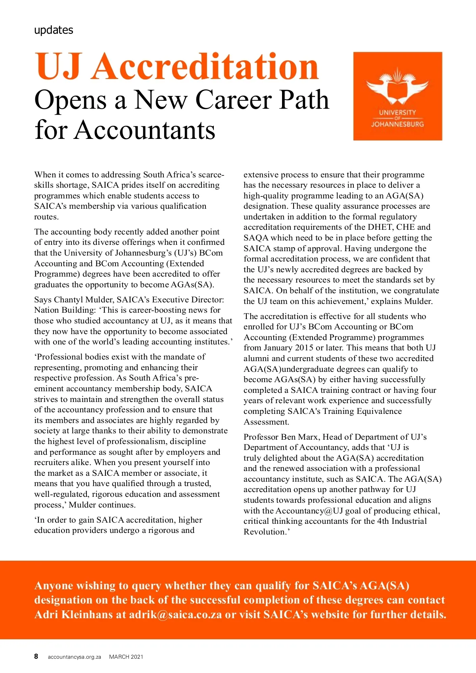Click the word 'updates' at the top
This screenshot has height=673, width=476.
[x=54, y=30]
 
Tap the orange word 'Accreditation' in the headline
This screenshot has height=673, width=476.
[x=205, y=66]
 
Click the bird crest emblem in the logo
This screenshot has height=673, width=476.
[x=397, y=85]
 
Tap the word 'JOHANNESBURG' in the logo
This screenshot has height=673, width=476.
[x=397, y=124]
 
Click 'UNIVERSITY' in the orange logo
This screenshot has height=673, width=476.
[x=397, y=112]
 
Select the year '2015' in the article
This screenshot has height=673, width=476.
[x=304, y=348]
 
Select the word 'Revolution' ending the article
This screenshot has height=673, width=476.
[x=265, y=532]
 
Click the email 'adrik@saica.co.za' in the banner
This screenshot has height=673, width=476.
[x=175, y=615]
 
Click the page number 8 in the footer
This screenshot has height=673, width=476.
[x=36, y=656]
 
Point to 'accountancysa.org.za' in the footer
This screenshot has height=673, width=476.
[x=75, y=657]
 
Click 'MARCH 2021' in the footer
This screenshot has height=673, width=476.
[x=126, y=657]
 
